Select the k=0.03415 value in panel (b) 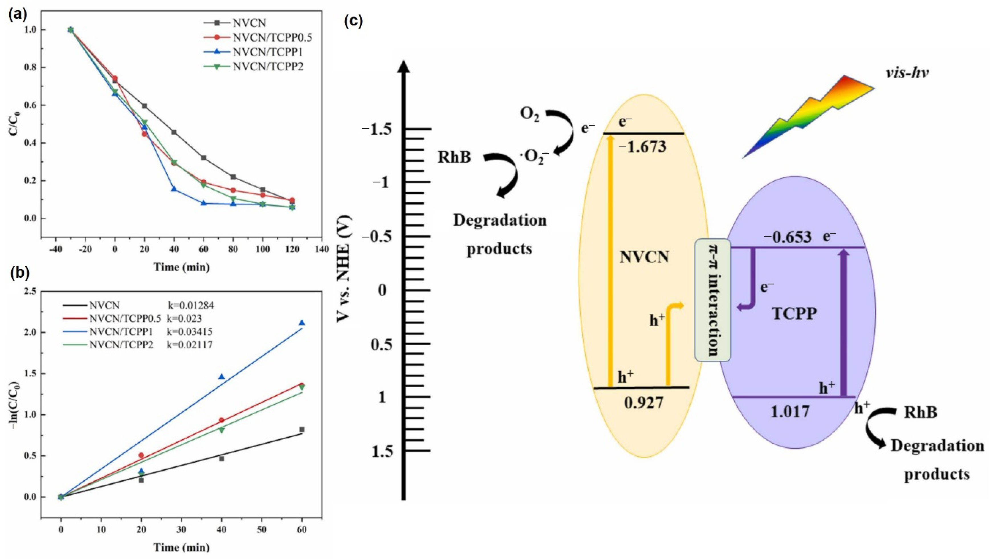pos(189,332)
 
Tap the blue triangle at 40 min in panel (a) pos(174,189)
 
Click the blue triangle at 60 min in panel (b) pos(302,323)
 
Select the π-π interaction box pos(712,300)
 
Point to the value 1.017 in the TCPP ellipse pos(790,412)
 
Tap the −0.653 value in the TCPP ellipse pos(787,237)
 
